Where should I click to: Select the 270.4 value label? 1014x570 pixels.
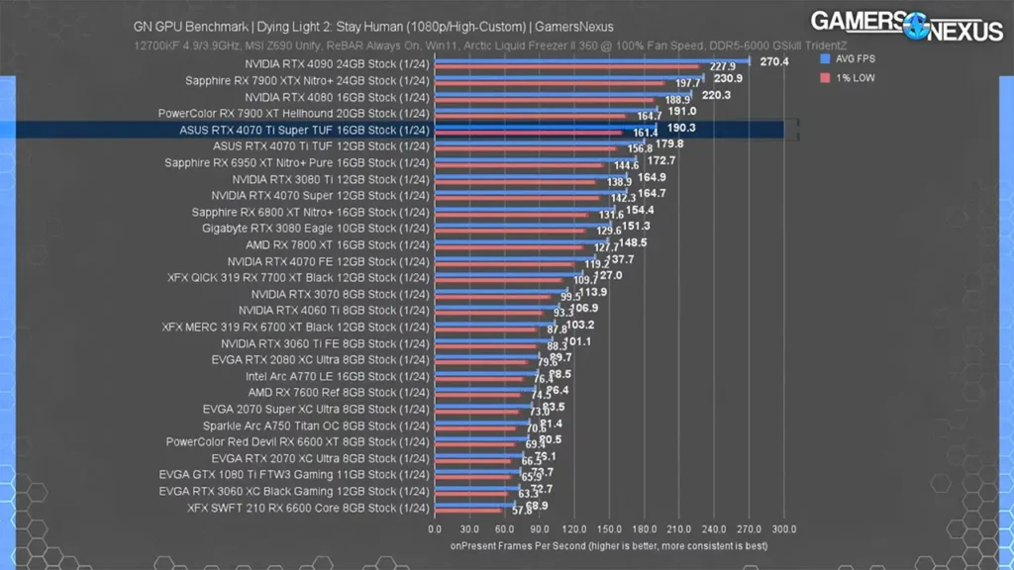(x=773, y=61)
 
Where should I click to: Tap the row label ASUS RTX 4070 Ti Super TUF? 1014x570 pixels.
(x=304, y=130)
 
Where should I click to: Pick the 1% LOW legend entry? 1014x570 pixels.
(x=851, y=77)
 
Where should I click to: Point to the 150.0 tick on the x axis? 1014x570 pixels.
(x=609, y=528)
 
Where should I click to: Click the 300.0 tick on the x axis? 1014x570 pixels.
(x=783, y=528)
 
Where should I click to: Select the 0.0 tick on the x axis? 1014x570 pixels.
(x=435, y=528)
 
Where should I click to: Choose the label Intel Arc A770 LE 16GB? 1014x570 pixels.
(x=337, y=376)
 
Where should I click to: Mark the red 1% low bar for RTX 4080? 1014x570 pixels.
(x=545, y=100)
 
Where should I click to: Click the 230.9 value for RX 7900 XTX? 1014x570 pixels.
(x=727, y=78)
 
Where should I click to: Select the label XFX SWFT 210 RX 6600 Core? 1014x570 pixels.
(x=308, y=509)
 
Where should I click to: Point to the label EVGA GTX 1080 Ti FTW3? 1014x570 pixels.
(x=294, y=475)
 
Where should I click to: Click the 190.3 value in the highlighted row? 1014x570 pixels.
(x=682, y=128)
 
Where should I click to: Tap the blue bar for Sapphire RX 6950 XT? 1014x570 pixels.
(x=536, y=158)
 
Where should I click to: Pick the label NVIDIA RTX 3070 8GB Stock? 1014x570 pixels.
(x=340, y=294)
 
